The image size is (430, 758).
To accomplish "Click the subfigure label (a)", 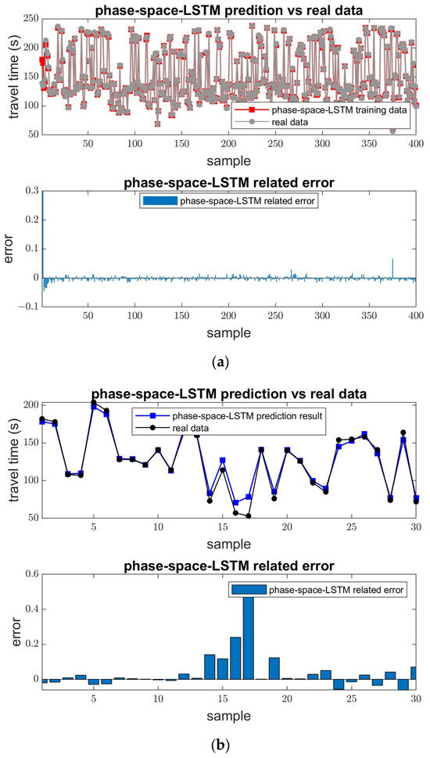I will pos(214,362).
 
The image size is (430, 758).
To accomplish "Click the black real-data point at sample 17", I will pos(248,516).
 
